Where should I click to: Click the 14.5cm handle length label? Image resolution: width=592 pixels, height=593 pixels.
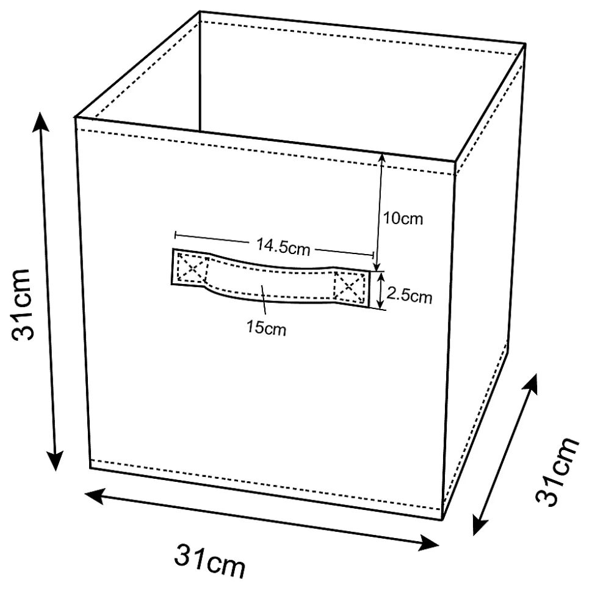(283, 246)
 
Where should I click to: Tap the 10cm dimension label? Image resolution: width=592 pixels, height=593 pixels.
(403, 219)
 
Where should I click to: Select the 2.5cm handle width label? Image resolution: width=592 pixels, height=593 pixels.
(410, 295)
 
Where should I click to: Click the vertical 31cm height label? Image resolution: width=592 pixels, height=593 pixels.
(21, 305)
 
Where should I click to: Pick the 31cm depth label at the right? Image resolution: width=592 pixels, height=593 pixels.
(557, 471)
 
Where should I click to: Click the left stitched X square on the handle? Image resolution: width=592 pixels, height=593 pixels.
(193, 269)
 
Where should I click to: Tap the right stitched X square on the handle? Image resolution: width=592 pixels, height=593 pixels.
(349, 287)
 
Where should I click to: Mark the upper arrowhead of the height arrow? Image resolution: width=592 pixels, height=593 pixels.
(40, 120)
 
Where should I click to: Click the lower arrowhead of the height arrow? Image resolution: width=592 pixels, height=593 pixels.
(56, 461)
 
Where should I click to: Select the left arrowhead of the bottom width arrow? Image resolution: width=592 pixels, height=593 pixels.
(94, 496)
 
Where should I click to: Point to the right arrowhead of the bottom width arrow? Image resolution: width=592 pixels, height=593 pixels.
(428, 543)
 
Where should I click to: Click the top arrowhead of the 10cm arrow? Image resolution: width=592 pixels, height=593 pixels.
(382, 158)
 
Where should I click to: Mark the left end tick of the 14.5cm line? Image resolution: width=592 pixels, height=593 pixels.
(175, 235)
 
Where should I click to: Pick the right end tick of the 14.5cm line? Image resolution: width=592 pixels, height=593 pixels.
(374, 255)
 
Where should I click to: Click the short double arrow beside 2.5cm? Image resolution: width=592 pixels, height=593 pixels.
(381, 291)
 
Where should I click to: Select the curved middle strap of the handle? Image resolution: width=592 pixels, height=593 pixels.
(270, 283)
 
